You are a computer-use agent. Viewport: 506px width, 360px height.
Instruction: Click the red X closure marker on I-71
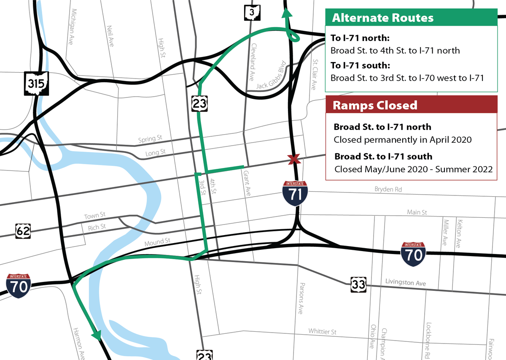point(294,159)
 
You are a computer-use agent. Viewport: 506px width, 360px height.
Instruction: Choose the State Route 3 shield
point(252,13)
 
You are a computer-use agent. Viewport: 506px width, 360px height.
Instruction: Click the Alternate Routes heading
point(382,18)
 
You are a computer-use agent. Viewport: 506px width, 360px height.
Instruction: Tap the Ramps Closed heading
point(375,105)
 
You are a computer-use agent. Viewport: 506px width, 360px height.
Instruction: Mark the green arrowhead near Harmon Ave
point(97,335)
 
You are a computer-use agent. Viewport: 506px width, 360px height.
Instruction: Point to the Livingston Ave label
point(406,282)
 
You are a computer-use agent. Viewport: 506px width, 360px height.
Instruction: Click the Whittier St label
point(322,332)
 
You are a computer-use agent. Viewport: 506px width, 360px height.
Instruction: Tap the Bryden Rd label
point(388,189)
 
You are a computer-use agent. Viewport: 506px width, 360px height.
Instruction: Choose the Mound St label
point(157,243)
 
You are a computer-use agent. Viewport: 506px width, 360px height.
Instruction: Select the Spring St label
point(150,138)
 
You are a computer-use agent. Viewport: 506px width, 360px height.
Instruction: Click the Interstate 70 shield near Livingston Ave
point(413,254)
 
